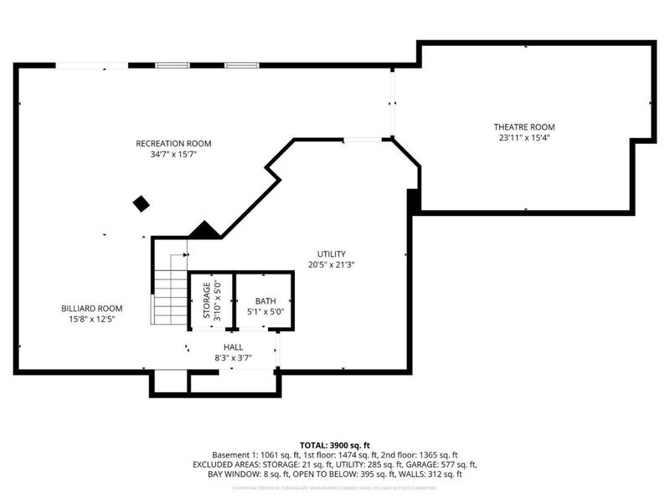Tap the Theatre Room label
click(x=524, y=127)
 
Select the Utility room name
click(x=331, y=254)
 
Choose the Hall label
click(x=233, y=346)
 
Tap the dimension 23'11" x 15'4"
click(x=524, y=138)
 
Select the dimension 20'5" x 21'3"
click(x=331, y=265)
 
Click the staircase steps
click(x=169, y=289)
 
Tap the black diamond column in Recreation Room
click(x=141, y=203)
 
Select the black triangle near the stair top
click(x=203, y=230)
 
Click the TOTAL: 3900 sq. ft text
click(x=335, y=444)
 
